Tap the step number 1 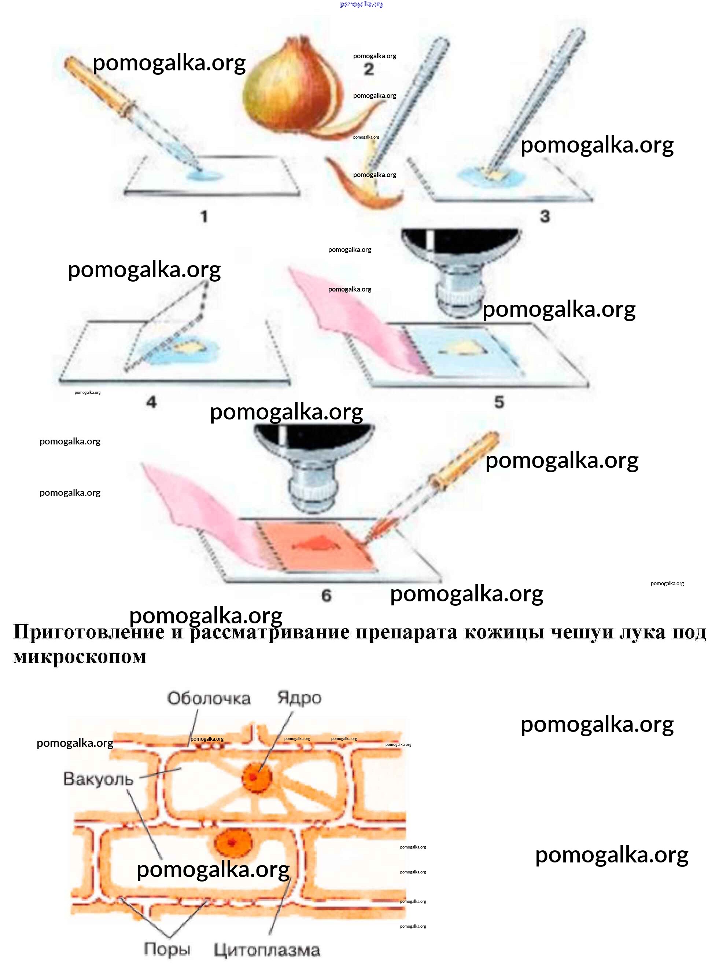coord(204,216)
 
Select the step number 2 coord(369,69)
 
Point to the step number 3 coord(545,216)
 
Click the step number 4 coord(151,402)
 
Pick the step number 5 coord(499,402)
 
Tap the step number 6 coord(327,595)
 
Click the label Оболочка coord(209,699)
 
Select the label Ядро coord(299,698)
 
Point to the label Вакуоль coord(98,779)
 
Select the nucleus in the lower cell coord(232,842)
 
